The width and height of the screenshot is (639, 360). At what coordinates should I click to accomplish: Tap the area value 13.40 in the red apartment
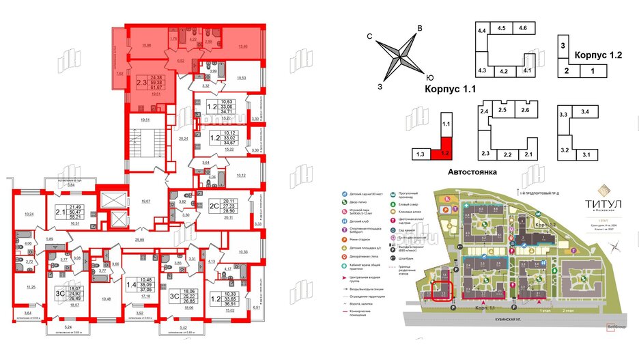(x=242, y=46)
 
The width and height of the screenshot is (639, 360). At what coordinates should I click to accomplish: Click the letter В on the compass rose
(x=421, y=27)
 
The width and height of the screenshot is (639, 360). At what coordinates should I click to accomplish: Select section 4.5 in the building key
(x=502, y=28)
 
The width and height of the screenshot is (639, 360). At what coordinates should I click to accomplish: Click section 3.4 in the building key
(x=585, y=111)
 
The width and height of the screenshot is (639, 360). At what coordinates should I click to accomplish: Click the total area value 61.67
(x=156, y=87)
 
